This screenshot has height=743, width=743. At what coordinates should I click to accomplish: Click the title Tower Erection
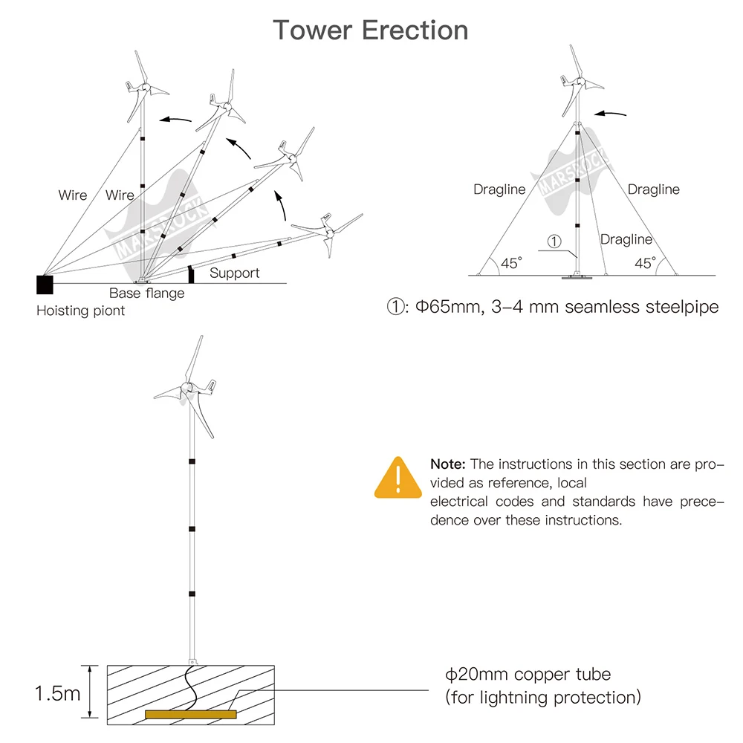tap(371, 30)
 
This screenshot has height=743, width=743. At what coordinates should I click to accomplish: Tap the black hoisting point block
tap(45, 285)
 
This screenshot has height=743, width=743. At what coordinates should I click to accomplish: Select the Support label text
tap(235, 273)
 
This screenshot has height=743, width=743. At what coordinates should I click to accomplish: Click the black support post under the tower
tap(191, 274)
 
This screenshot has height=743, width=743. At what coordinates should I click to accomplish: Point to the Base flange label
tap(147, 293)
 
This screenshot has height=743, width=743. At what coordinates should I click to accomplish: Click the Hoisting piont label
tap(80, 311)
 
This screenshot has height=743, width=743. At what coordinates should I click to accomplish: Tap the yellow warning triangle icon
tap(398, 478)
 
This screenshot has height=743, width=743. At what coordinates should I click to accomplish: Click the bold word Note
tap(448, 464)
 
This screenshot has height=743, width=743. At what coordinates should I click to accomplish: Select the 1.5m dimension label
tap(58, 694)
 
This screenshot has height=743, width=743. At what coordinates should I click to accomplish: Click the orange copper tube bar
tap(190, 715)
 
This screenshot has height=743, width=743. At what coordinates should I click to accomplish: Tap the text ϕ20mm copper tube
tap(528, 675)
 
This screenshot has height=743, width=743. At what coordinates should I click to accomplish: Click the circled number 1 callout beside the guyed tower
tap(554, 241)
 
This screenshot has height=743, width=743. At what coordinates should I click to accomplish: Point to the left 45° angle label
tap(511, 263)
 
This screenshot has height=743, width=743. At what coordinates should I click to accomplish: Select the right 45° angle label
tap(646, 263)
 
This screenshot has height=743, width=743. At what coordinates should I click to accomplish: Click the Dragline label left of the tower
tap(499, 189)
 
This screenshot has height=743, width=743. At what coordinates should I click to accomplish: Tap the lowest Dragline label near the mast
tap(626, 240)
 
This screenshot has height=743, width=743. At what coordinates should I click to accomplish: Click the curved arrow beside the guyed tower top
tap(610, 114)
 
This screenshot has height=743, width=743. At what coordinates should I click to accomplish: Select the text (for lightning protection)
tap(543, 698)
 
